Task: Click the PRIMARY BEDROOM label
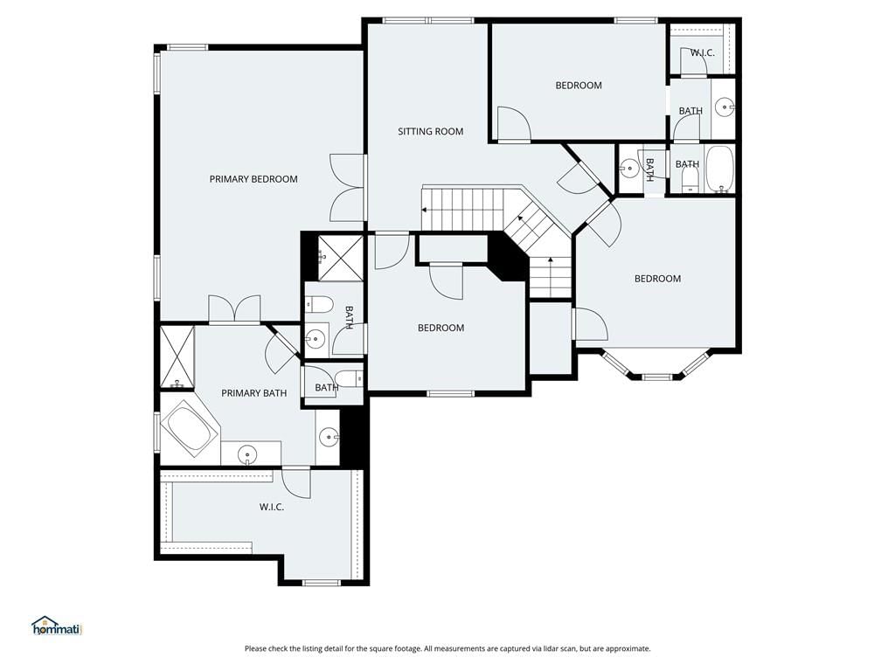click(253, 179)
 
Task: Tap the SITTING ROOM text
click(430, 131)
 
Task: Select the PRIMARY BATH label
click(254, 393)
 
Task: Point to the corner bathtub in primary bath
click(190, 428)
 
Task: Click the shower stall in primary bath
click(177, 356)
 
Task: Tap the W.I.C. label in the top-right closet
click(702, 53)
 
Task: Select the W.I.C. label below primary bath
click(272, 507)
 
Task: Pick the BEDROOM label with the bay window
click(657, 279)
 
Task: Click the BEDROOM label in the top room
click(579, 86)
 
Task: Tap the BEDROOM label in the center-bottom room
click(441, 329)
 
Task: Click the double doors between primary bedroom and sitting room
click(347, 188)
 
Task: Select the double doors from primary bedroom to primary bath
click(234, 310)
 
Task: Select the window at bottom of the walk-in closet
click(322, 583)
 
